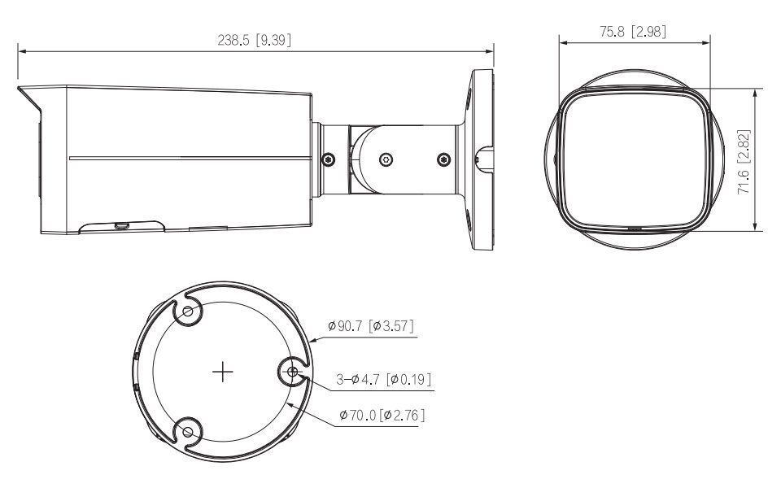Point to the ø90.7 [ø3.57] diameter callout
click(371, 326)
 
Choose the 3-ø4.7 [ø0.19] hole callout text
click(383, 379)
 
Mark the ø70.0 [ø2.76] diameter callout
click(382, 416)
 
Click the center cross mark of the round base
click(222, 373)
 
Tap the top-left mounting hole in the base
click(188, 312)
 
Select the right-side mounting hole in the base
click(292, 373)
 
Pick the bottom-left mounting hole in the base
click(188, 431)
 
